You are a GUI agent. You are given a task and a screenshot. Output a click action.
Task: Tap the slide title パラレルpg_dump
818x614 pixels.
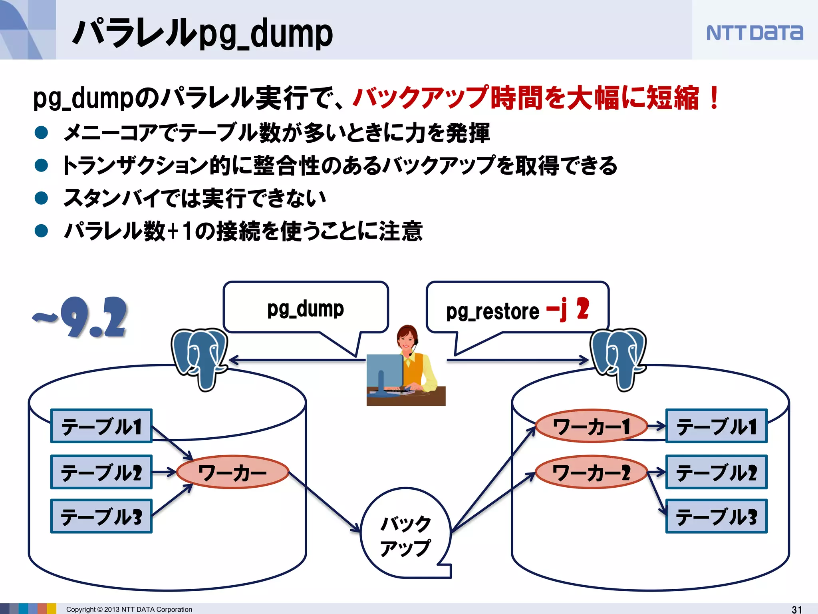[202, 34]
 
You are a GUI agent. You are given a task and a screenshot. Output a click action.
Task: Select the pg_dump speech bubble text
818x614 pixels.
[306, 309]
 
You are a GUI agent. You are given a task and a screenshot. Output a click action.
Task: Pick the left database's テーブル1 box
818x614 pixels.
[101, 426]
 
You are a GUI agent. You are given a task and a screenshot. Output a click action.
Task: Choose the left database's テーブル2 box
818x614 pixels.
[101, 472]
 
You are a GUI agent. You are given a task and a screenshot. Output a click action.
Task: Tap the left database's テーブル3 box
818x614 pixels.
[101, 516]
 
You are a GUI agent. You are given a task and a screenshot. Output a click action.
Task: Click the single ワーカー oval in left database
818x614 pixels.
[232, 472]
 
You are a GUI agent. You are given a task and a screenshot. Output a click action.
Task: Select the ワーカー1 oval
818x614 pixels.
[591, 426]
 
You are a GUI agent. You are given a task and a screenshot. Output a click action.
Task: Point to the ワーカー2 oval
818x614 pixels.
[591, 472]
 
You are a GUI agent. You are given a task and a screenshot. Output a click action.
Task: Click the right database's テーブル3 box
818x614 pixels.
[717, 516]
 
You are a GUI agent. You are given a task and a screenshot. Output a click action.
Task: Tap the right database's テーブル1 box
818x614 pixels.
[717, 426]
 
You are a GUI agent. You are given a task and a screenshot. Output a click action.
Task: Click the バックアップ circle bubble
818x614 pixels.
[405, 534]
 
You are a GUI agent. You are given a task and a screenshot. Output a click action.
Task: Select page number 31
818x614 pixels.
[797, 609]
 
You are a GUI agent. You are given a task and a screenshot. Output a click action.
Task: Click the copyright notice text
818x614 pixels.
[129, 609]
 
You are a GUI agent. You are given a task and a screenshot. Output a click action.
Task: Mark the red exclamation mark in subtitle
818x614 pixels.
[714, 98]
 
